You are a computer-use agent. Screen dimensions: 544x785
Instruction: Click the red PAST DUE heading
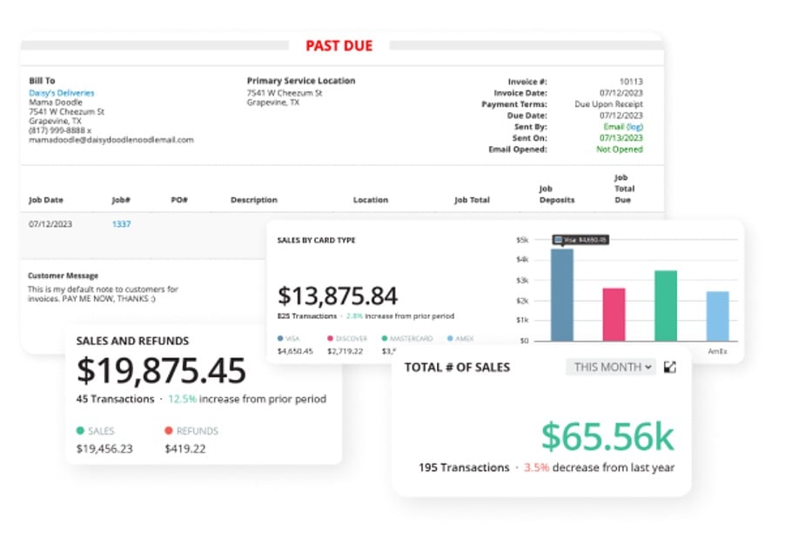pos(339,45)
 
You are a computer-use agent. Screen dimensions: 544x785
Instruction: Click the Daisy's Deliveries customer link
pos(62,93)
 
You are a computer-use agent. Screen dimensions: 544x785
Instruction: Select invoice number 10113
pos(631,82)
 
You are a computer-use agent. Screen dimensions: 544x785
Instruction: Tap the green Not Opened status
pos(619,149)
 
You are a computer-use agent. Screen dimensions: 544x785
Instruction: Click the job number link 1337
pos(121,224)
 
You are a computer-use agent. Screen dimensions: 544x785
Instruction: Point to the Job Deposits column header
pos(556,194)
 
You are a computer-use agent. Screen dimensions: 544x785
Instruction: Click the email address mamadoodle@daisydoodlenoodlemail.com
pos(111,140)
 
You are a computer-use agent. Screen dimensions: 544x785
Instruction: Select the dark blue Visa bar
pos(561,295)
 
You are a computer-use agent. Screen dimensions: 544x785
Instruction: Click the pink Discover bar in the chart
pos(614,315)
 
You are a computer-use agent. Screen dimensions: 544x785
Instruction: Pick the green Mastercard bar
pos(666,306)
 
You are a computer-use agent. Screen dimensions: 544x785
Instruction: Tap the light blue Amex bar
pos(717,316)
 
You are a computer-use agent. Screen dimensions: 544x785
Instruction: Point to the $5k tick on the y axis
pos(522,240)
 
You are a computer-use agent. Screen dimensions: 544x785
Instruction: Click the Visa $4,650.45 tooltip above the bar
pos(580,240)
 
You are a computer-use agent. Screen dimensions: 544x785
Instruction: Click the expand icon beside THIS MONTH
pos(670,367)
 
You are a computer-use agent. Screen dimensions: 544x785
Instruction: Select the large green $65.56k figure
pos(607,437)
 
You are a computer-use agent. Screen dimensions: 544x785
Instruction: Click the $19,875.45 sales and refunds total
pos(161,371)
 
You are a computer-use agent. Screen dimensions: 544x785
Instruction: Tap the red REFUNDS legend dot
pos(169,430)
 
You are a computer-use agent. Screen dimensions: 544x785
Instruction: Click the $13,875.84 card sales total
pos(337,295)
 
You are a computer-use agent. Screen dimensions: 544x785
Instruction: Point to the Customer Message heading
pos(63,275)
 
